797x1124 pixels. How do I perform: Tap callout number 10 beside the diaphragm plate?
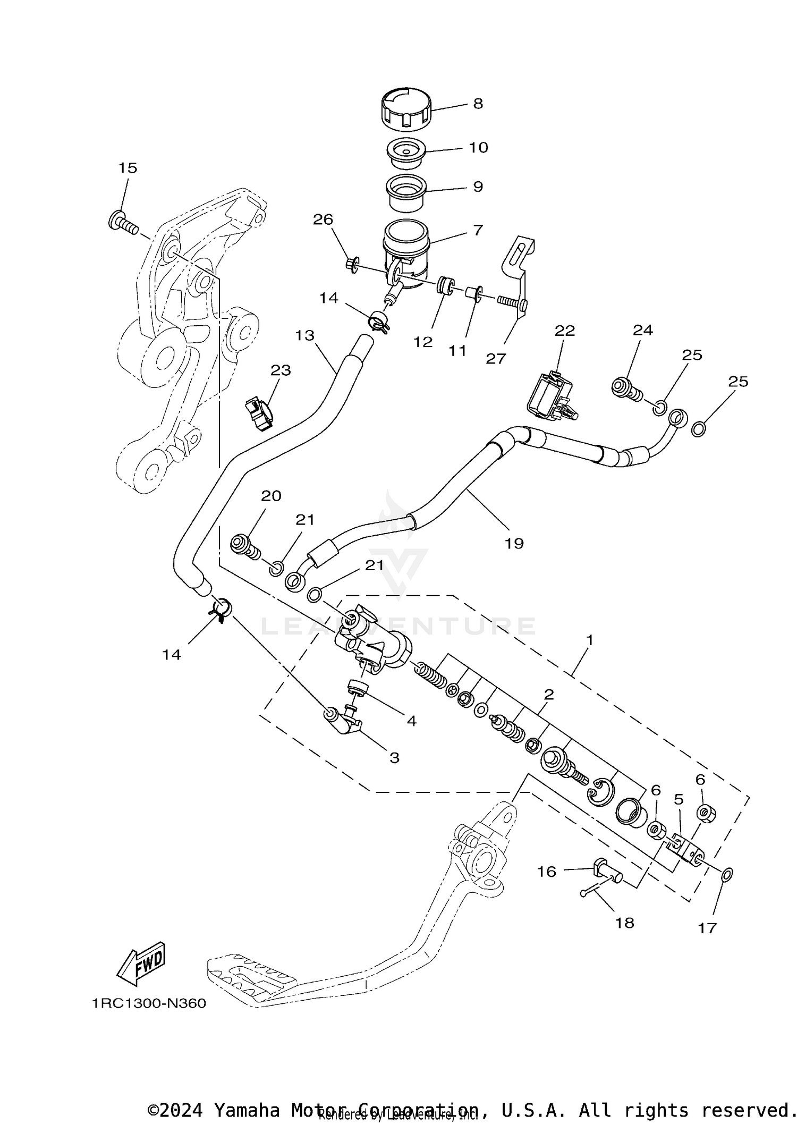pyautogui.click(x=479, y=147)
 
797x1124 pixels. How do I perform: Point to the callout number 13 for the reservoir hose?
pyautogui.click(x=305, y=335)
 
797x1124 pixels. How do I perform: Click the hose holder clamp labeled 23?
pyautogui.click(x=258, y=415)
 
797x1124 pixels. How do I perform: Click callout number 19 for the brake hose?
pyautogui.click(x=514, y=543)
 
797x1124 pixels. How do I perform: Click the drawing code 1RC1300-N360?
pyautogui.click(x=149, y=1003)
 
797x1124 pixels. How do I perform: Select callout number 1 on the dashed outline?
pyautogui.click(x=589, y=639)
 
